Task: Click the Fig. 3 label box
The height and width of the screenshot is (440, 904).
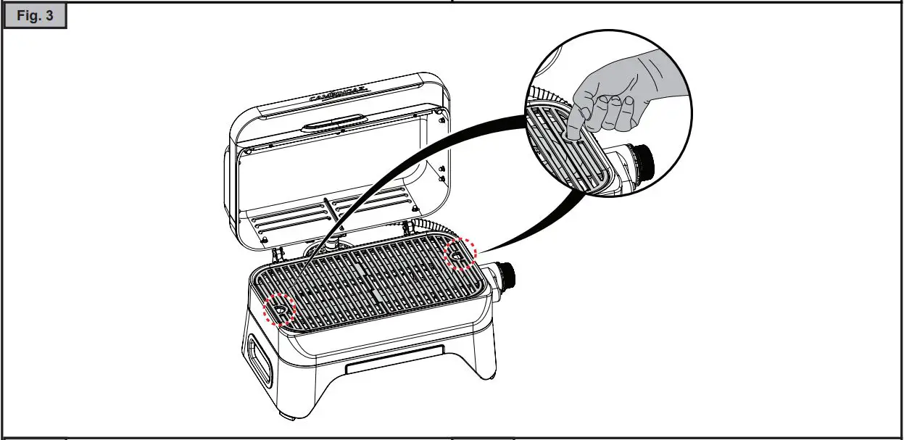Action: (x=36, y=16)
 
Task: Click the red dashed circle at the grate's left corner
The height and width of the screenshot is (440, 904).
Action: (x=279, y=310)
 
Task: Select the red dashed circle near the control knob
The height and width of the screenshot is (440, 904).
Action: (x=460, y=254)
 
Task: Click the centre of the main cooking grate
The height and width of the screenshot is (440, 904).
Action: (x=373, y=286)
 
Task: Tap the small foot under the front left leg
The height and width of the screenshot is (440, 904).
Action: (x=286, y=419)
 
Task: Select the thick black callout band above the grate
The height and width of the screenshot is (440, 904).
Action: (x=406, y=167)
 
